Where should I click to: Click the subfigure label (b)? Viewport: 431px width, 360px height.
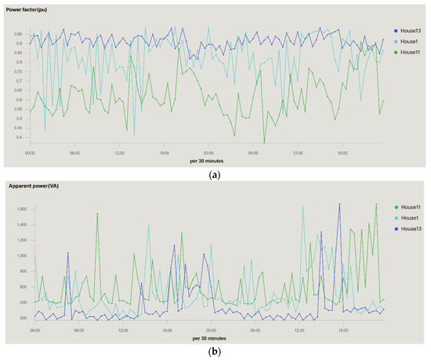pyautogui.click(x=215, y=352)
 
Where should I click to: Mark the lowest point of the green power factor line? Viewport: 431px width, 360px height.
pyautogui.click(x=264, y=143)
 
